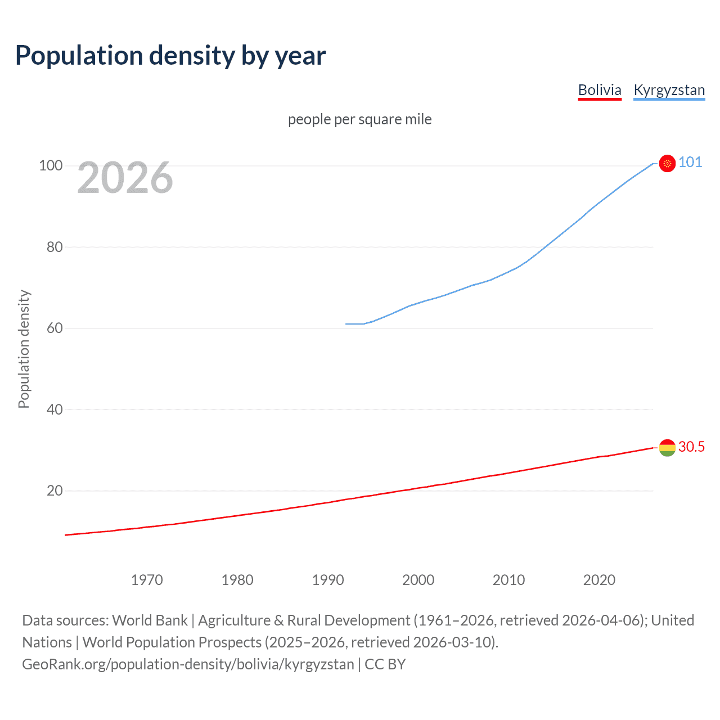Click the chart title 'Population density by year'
[x=170, y=56]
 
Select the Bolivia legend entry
[x=600, y=90]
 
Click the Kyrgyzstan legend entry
[x=669, y=90]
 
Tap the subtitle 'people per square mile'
[x=359, y=119]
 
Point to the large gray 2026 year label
[x=125, y=178]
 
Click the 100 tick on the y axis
[x=51, y=165]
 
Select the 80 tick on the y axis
[x=55, y=247]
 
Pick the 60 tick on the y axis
[x=55, y=328]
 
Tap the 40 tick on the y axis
[x=55, y=409]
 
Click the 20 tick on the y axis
[x=55, y=490]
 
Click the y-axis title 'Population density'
[x=24, y=349]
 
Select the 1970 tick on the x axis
[x=147, y=580]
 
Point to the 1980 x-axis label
[x=237, y=580]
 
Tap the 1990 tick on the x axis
[x=328, y=580]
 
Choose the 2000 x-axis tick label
[x=418, y=580]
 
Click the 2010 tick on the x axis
[x=509, y=580]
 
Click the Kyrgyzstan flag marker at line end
[x=667, y=163]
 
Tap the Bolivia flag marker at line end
[x=667, y=448]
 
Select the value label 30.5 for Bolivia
[x=691, y=447]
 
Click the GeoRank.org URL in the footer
[x=188, y=664]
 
